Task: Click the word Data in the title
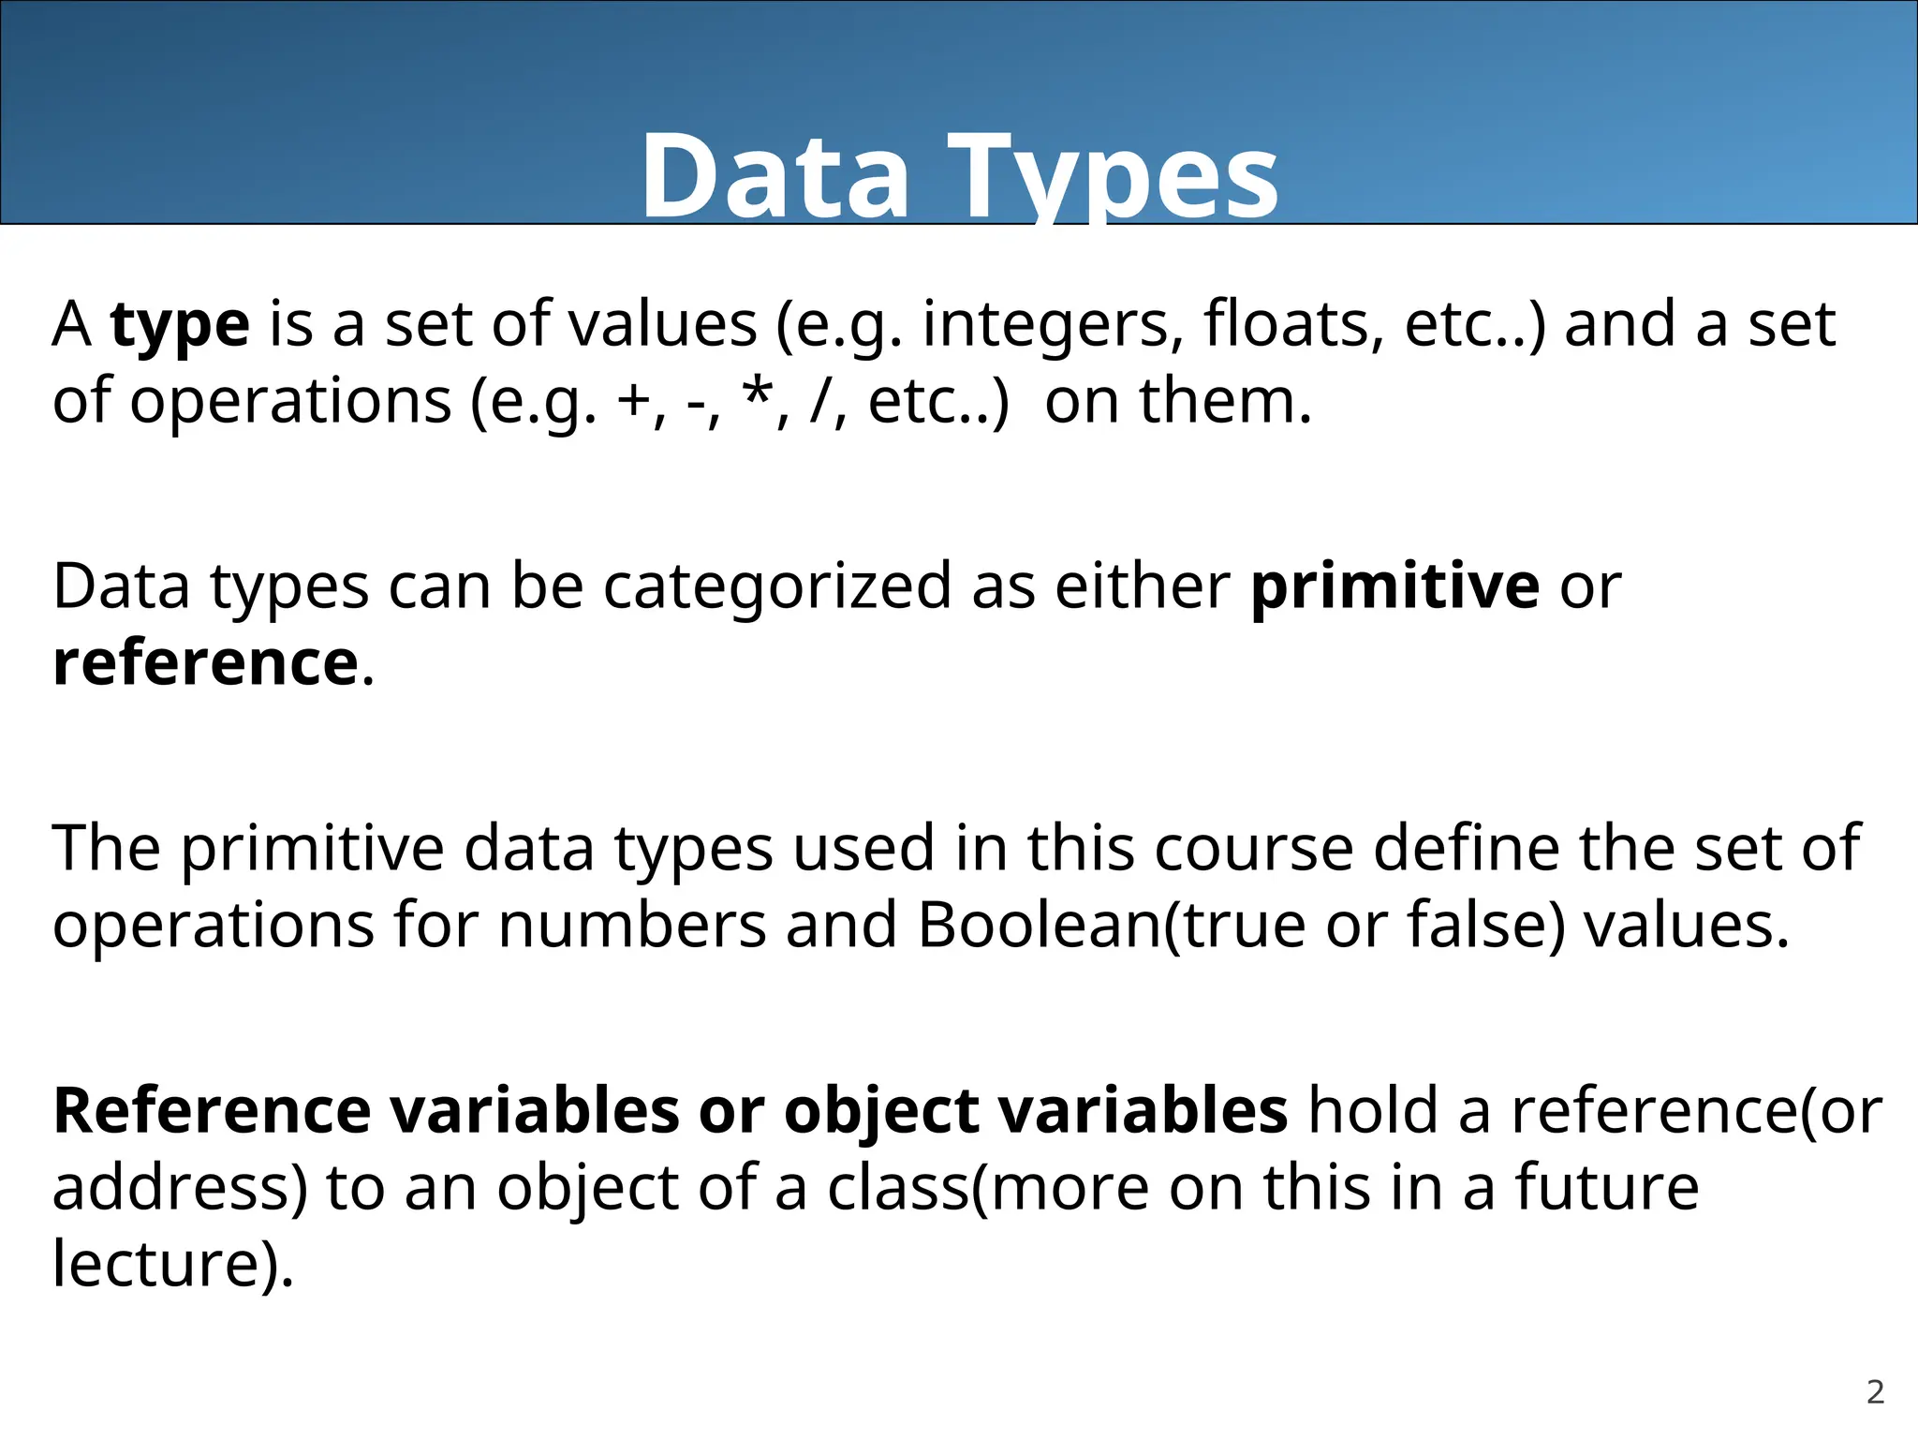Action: [x=775, y=176]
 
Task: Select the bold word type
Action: [x=180, y=326]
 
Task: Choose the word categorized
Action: [x=776, y=588]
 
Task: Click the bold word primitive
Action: [x=1394, y=586]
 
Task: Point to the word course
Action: [x=1253, y=849]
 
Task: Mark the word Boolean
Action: [x=1038, y=926]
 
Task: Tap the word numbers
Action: [x=631, y=926]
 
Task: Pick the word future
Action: [x=1606, y=1188]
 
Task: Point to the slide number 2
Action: [x=1875, y=1392]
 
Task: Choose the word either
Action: [x=1142, y=586]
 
